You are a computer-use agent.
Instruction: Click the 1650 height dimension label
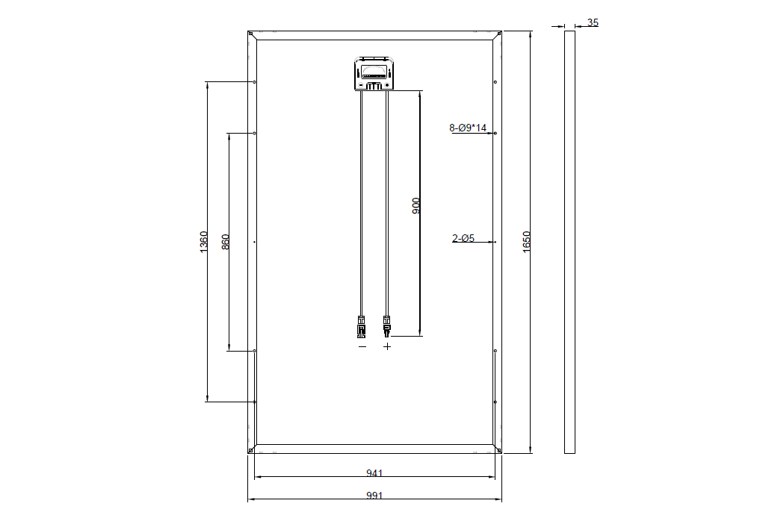[527, 241]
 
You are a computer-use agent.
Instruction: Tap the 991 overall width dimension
[374, 496]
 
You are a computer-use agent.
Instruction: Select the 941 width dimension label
[374, 473]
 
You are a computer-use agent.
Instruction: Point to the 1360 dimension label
[203, 242]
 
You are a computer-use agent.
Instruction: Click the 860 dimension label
[226, 242]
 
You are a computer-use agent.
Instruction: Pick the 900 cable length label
[415, 206]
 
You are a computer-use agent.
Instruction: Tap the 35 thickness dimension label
[593, 22]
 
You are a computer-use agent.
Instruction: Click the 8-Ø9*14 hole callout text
[468, 128]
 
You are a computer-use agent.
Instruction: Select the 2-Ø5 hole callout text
[463, 238]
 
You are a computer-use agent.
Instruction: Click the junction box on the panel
[374, 73]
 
